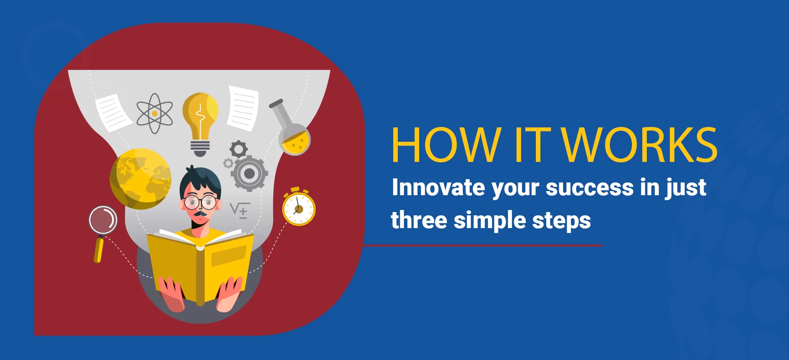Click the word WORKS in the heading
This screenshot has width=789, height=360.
tap(640, 145)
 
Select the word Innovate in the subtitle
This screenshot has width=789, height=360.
tap(438, 187)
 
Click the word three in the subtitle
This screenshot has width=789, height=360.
tap(419, 220)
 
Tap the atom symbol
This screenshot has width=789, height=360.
tap(155, 113)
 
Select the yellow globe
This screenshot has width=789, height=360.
tap(141, 179)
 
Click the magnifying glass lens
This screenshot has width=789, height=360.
tap(103, 220)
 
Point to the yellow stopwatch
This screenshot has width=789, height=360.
tap(299, 208)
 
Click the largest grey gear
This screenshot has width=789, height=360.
tap(249, 173)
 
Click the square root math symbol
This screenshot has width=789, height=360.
tap(239, 210)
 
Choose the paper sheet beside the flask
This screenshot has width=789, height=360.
tap(243, 108)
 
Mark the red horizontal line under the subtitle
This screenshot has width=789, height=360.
tap(483, 245)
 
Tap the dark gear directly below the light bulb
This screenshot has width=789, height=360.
tap(238, 149)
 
